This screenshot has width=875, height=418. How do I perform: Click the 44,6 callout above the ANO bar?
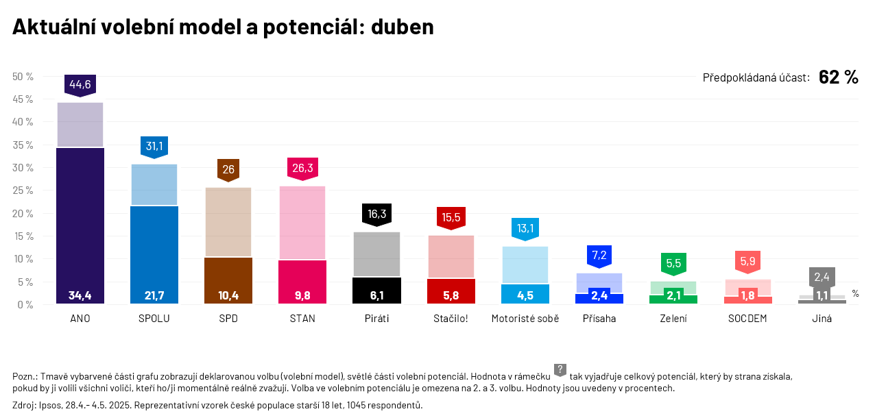(x=80, y=84)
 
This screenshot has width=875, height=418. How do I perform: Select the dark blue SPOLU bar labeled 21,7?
(x=154, y=254)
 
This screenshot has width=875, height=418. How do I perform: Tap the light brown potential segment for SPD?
(x=228, y=222)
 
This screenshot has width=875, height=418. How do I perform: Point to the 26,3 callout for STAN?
(x=302, y=168)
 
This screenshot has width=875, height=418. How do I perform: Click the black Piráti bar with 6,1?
(x=376, y=290)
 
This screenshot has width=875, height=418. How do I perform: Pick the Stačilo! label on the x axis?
(x=451, y=319)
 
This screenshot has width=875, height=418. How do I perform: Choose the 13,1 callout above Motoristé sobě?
(x=525, y=228)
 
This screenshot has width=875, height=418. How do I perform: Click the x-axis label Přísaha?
(x=599, y=319)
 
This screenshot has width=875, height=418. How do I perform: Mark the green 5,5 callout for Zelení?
(x=673, y=263)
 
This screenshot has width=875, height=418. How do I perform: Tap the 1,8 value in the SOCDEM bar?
(x=748, y=296)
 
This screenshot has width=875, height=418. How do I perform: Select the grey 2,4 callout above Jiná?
(x=822, y=277)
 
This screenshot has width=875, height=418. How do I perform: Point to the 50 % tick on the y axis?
(x=23, y=77)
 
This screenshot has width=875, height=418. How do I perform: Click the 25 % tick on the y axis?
(x=23, y=190)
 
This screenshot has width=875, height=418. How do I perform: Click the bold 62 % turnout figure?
(x=838, y=77)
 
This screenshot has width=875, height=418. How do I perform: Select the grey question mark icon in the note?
(x=560, y=370)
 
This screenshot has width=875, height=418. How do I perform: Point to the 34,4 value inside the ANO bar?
(x=80, y=296)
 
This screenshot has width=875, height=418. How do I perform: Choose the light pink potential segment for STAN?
(x=302, y=223)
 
